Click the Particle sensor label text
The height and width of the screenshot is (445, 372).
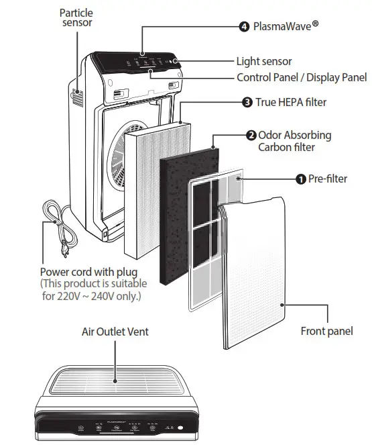click(76, 17)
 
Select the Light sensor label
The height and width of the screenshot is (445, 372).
click(263, 62)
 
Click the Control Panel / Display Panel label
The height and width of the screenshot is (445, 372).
click(302, 77)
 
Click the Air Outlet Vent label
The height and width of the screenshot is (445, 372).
click(115, 332)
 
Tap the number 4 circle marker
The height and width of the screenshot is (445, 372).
click(244, 27)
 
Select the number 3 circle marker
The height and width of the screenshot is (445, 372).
click(247, 103)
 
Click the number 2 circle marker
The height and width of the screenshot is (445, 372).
click(251, 135)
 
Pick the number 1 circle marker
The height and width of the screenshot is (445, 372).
click(301, 179)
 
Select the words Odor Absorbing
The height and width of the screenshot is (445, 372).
click(294, 135)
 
